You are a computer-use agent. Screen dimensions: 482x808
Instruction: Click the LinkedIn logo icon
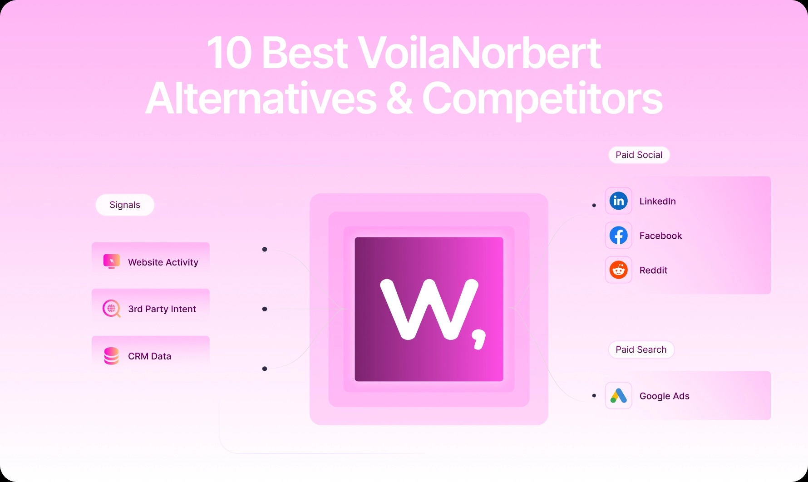[x=618, y=201]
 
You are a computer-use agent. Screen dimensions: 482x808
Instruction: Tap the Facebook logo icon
[x=618, y=236]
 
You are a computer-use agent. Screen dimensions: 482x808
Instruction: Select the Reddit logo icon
[x=618, y=270]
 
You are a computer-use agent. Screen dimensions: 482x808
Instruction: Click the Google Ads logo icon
[x=618, y=396]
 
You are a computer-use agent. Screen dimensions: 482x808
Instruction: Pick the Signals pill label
[x=125, y=205]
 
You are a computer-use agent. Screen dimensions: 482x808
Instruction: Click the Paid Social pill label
[x=639, y=155]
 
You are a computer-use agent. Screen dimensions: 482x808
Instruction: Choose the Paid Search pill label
[x=641, y=349]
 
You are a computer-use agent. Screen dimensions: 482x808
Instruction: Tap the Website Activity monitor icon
[x=112, y=261]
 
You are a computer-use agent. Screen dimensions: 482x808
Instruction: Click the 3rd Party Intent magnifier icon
[x=111, y=309]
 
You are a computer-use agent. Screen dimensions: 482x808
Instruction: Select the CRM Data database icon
[x=111, y=356]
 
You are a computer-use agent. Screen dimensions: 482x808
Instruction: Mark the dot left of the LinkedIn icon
[x=594, y=206]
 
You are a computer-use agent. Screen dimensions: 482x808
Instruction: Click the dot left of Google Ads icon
[x=594, y=396]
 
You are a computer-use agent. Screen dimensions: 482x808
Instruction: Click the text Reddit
[x=653, y=271]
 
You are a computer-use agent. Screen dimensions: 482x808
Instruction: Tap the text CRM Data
[x=149, y=356]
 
